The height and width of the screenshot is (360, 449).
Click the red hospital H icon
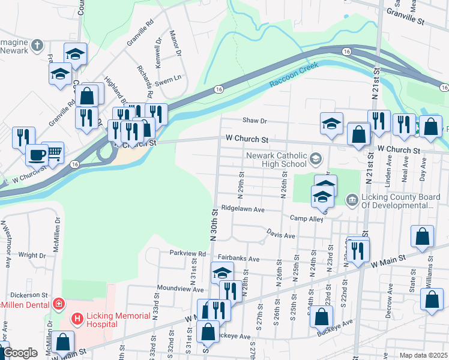tap(77, 319)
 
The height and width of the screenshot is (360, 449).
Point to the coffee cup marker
tap(36, 154)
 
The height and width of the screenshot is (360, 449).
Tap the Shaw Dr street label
tap(254, 120)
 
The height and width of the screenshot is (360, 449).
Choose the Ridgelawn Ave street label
tap(243, 210)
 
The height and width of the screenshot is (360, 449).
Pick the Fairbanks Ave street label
tap(238, 259)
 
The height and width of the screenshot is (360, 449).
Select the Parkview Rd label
tap(187, 254)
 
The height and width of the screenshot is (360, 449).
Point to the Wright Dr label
tap(28, 254)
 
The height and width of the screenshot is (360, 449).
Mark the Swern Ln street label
tap(169, 78)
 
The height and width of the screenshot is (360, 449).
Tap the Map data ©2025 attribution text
tap(423, 355)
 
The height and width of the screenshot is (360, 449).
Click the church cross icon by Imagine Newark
tap(37, 45)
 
